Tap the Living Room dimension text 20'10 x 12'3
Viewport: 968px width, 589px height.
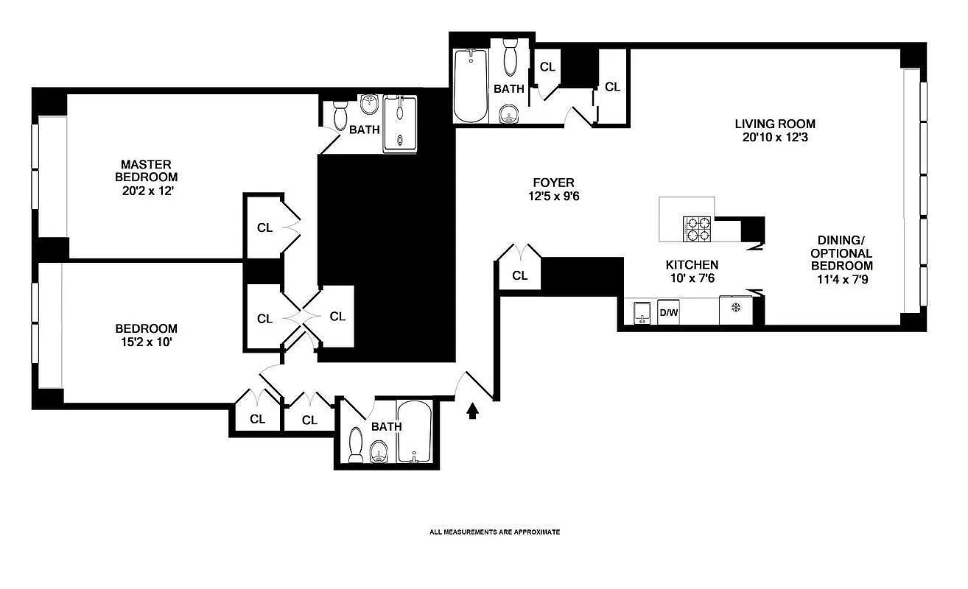[775, 138]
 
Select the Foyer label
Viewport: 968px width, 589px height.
[553, 183]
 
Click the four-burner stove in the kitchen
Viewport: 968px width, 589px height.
[698, 229]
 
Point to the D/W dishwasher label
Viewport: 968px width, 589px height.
[668, 311]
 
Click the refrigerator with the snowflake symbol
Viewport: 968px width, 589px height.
[736, 310]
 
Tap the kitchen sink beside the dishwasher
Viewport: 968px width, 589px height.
[642, 313]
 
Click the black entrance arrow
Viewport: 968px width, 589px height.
[473, 411]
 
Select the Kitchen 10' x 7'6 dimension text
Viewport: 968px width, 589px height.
[692, 278]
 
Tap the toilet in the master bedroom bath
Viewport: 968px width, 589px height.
[340, 116]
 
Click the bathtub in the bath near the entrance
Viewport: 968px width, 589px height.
[415, 431]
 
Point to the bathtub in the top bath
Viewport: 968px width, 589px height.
[470, 86]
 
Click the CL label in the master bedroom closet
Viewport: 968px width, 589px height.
[264, 228]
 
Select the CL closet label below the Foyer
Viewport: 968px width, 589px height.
[519, 275]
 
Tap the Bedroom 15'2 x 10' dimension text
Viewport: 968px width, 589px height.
[147, 342]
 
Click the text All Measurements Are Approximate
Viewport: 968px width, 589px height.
[495, 532]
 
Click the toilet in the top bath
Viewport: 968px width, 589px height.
[511, 57]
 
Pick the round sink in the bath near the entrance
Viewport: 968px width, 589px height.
[379, 452]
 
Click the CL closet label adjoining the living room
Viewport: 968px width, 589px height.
[612, 87]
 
